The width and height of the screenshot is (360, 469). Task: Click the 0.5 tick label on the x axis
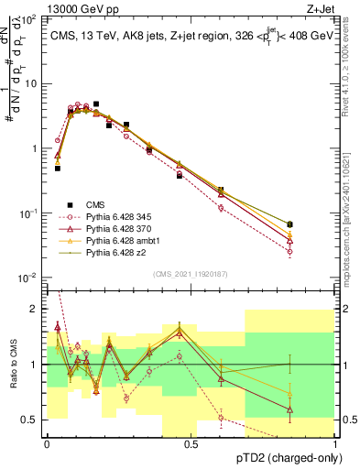191,443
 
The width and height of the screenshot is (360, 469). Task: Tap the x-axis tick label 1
336,443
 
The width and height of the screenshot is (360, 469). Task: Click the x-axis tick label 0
47,443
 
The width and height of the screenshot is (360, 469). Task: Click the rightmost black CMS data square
290,224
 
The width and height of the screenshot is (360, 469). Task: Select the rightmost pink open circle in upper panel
290,251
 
